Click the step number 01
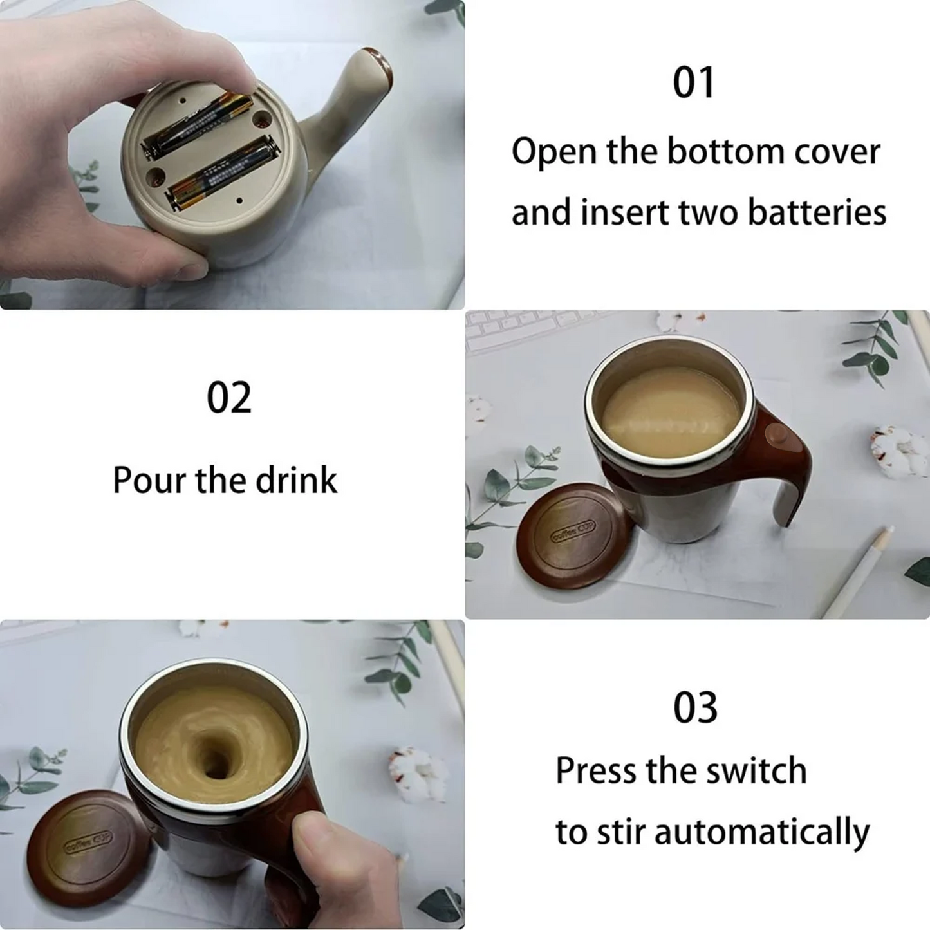694,82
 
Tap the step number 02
229,398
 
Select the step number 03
695,708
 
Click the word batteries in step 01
817,212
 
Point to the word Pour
149,480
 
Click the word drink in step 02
296,480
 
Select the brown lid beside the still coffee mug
570,534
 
